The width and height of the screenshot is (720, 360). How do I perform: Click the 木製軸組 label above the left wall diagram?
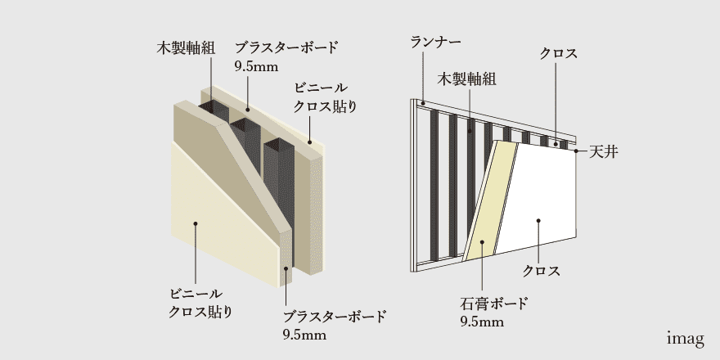(x=186, y=48)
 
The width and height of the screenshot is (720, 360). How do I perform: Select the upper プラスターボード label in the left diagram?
(x=286, y=47)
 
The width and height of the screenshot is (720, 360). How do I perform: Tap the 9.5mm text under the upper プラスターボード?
(x=256, y=66)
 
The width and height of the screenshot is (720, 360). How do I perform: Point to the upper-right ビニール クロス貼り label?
(x=324, y=97)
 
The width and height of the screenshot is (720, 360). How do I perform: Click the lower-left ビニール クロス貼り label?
(x=200, y=304)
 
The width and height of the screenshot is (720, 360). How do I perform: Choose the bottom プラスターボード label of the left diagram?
(x=335, y=317)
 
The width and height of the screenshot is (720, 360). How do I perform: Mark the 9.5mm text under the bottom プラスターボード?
(x=304, y=335)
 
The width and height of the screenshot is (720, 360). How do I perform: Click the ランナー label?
(x=436, y=43)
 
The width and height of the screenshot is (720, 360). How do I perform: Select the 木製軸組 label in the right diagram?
(x=466, y=79)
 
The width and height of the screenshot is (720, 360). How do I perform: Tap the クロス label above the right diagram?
(x=558, y=54)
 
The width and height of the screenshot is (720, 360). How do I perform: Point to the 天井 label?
(x=603, y=152)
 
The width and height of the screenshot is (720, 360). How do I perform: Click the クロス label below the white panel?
(x=542, y=271)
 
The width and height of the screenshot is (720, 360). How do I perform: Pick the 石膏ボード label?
(x=494, y=304)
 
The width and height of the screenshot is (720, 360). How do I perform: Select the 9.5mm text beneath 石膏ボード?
(x=482, y=322)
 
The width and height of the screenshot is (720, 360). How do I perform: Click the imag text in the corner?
(x=685, y=339)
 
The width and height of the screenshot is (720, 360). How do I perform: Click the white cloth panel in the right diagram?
(x=539, y=197)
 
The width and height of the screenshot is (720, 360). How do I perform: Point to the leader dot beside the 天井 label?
(x=576, y=151)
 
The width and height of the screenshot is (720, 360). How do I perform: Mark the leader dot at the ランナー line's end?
(x=422, y=104)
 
